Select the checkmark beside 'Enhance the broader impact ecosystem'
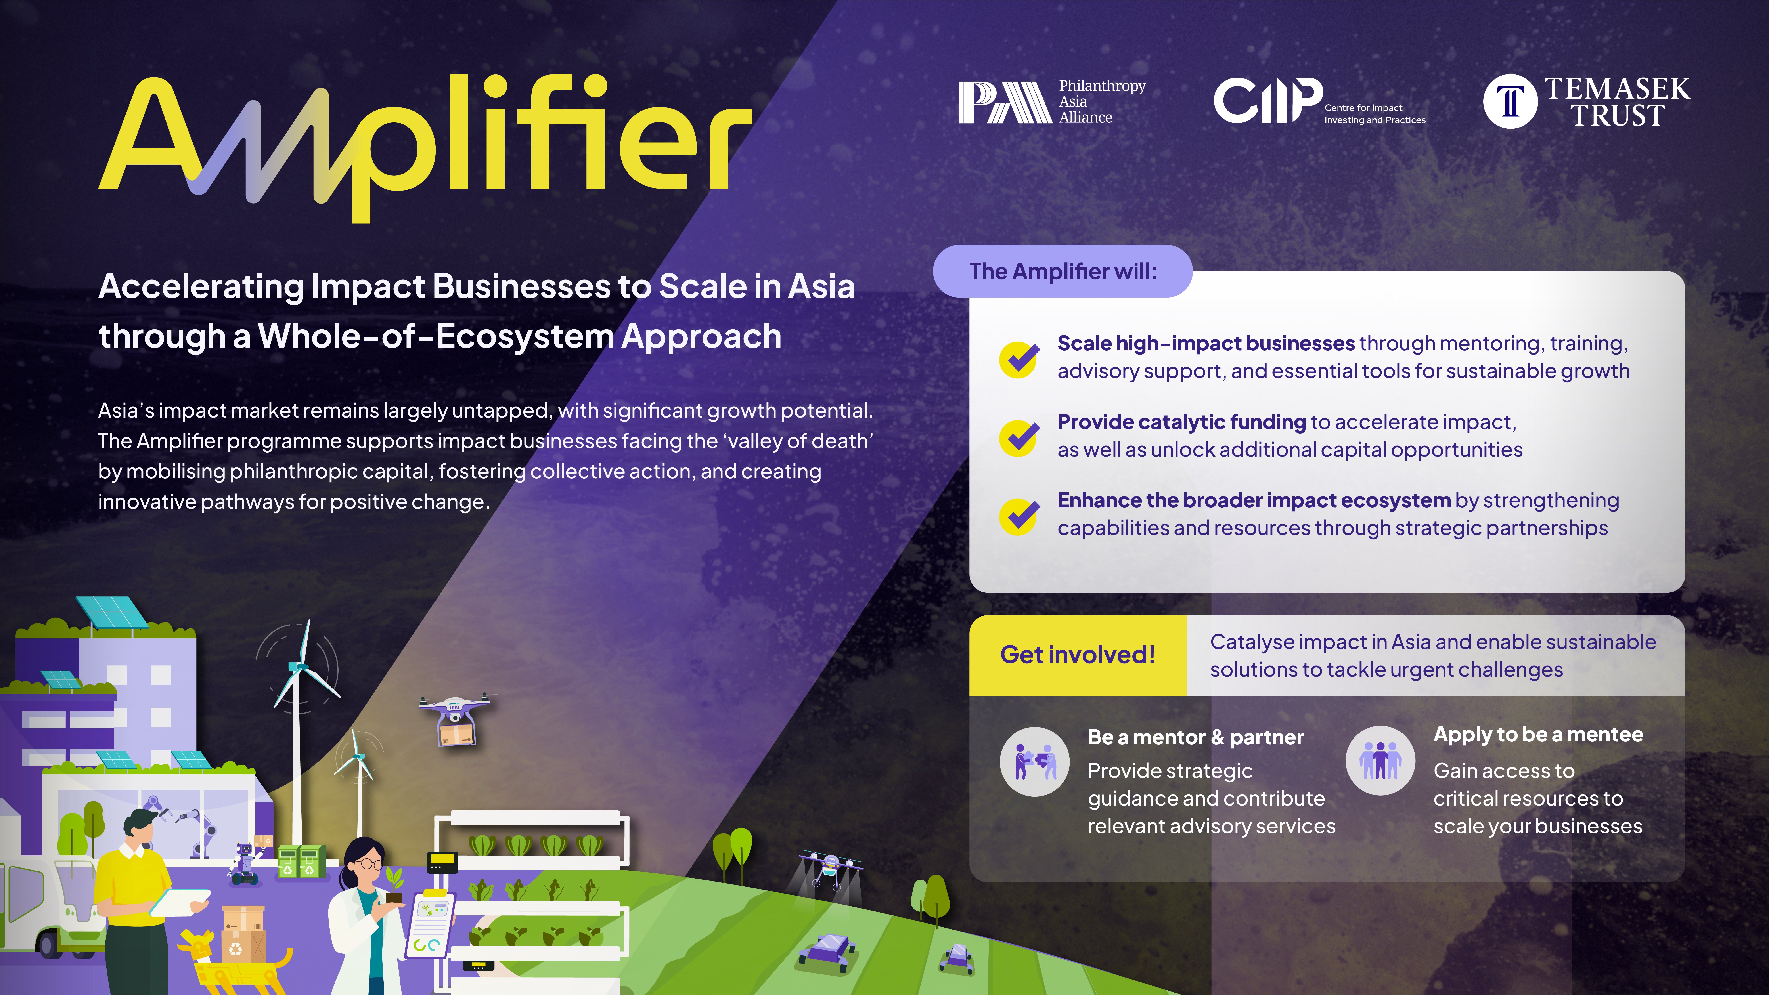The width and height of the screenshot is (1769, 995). pyautogui.click(x=1019, y=516)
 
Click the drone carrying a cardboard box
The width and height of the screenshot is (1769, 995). pyautogui.click(x=455, y=719)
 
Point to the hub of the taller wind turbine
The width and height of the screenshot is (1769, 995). pyautogui.click(x=299, y=666)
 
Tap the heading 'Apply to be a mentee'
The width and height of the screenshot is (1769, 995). pyautogui.click(x=1538, y=735)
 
